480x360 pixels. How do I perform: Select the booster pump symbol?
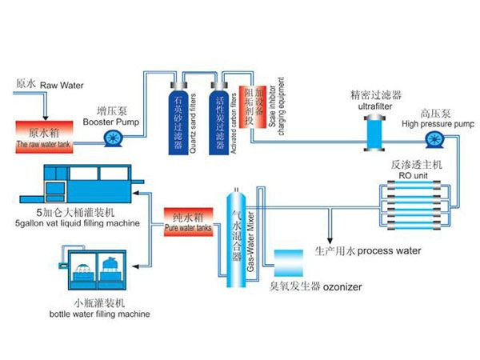pyautogui.click(x=113, y=138)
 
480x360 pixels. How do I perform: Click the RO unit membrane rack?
pyautogui.click(x=417, y=197)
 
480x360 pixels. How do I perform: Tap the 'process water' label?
pyautogui.click(x=389, y=250)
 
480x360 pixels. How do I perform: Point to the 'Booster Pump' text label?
pyautogui.click(x=113, y=122)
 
